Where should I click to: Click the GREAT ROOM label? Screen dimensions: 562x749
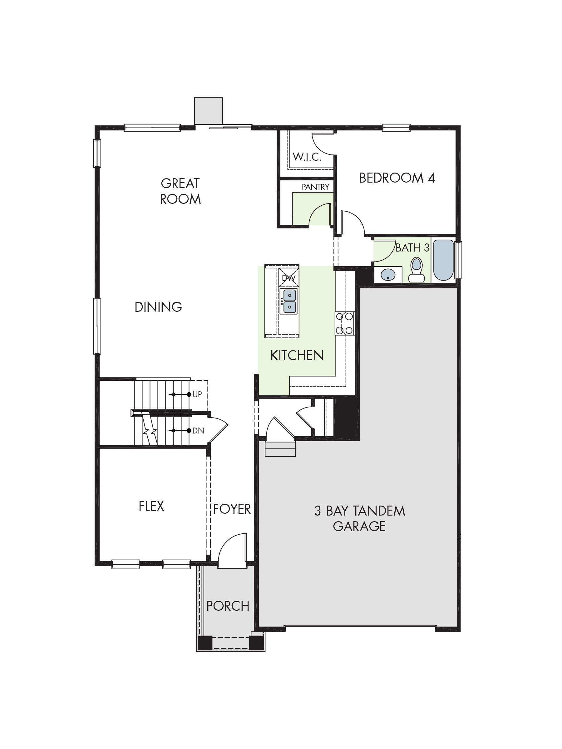180,191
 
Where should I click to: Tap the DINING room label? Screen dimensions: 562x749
158,307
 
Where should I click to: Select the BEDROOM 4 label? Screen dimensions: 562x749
397,178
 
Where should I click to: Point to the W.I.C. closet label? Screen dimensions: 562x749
307,157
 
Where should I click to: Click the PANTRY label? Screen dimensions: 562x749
315,187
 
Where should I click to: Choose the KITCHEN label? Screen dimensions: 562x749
297,355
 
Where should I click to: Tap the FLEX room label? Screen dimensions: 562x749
151,506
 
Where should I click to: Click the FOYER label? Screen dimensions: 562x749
232,509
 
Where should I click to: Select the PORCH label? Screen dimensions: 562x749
228,606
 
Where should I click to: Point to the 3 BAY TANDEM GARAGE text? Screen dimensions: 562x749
359,518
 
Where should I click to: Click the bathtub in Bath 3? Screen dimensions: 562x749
443,260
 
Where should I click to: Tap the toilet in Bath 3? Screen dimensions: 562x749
416,270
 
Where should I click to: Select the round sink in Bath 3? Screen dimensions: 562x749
388,275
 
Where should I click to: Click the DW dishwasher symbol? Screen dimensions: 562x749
288,277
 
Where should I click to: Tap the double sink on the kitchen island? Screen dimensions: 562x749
289,301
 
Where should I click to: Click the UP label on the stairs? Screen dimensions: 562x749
197,394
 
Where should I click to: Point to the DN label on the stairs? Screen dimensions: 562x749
198,431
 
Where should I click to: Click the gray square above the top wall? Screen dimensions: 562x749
208,111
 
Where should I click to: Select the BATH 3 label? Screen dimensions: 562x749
412,248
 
